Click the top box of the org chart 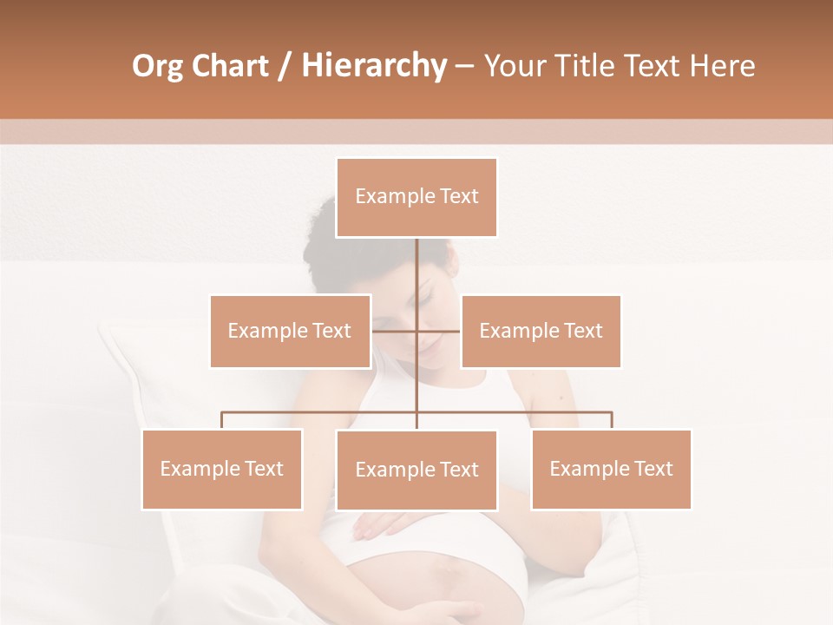point(416,197)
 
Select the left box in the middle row point(290,331)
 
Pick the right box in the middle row point(541,331)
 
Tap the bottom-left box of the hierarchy point(222,469)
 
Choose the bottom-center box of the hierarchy point(416,470)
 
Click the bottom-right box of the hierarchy point(611,469)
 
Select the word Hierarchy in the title point(373,66)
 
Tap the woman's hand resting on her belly point(382,524)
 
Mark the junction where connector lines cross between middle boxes point(416,331)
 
